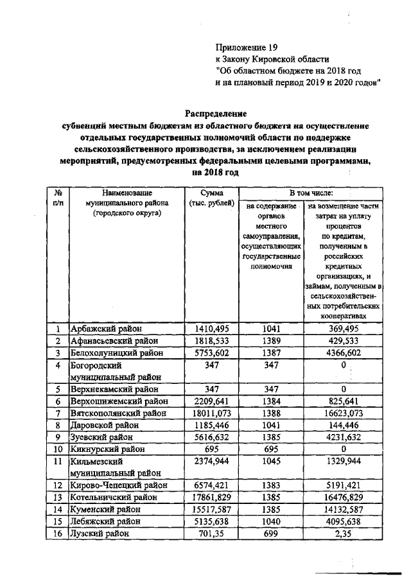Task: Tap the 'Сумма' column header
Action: (x=211, y=193)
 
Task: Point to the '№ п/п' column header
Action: (x=58, y=197)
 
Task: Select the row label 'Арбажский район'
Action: (x=107, y=329)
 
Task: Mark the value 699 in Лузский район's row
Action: (x=273, y=533)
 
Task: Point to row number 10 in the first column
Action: (x=58, y=448)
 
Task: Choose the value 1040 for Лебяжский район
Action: (x=273, y=521)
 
